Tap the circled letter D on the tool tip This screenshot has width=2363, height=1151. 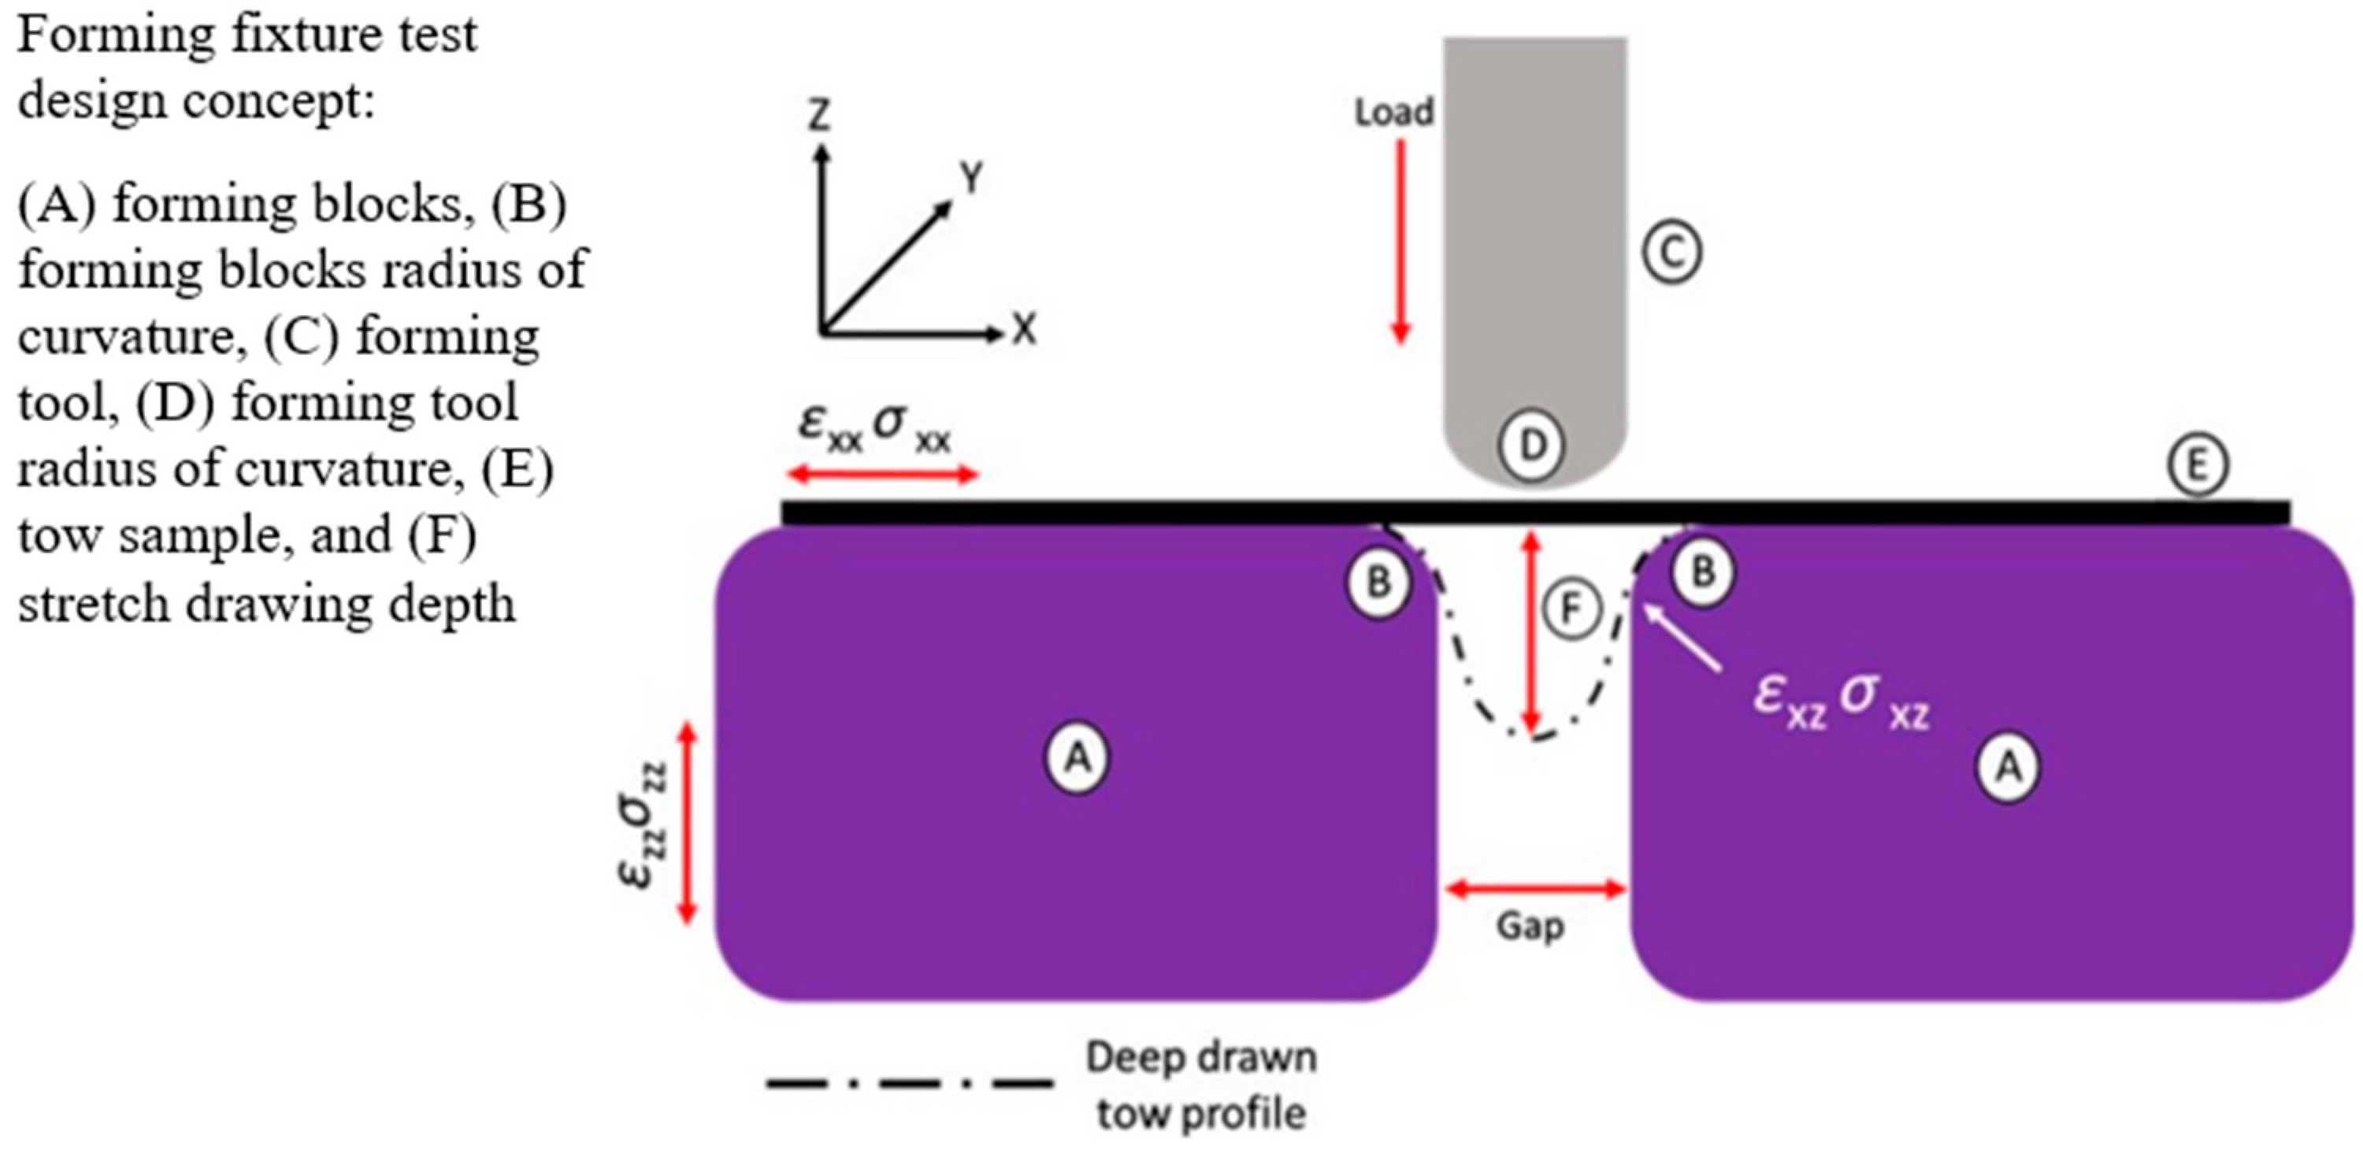point(1532,445)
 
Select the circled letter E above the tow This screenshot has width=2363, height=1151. point(2198,466)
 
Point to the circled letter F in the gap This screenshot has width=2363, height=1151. point(1571,608)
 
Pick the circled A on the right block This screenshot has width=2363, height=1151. point(2008,766)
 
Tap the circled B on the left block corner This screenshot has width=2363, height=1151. point(1378,582)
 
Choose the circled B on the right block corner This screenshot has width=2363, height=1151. point(1702,572)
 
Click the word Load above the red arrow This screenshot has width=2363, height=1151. point(1394,112)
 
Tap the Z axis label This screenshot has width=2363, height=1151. point(818,116)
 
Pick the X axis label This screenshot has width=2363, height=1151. point(1025,329)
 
